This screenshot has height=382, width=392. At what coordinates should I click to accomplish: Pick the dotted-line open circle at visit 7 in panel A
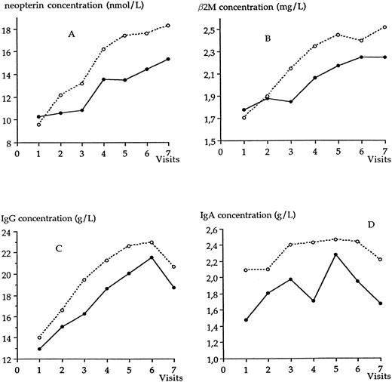tap(168, 26)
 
